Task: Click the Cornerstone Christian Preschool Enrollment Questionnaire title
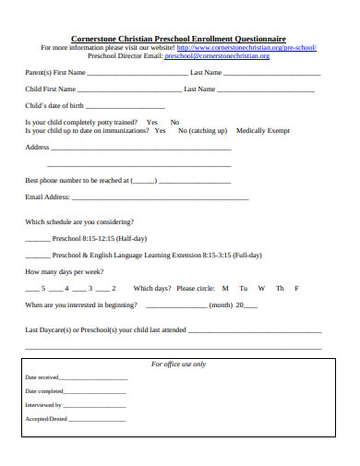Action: [178, 38]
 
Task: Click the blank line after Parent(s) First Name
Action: [138, 73]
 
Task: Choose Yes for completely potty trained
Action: [151, 122]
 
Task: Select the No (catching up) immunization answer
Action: [202, 130]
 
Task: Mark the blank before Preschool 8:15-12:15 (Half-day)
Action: [38, 238]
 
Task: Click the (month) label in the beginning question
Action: [221, 305]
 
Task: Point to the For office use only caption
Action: [178, 364]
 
